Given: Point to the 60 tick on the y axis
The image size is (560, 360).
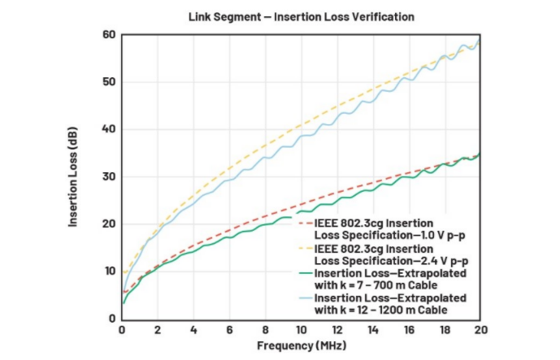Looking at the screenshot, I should tap(109, 35).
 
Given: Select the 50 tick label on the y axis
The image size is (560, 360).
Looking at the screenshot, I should tap(109, 82).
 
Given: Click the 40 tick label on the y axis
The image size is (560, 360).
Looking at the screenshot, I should tap(109, 129).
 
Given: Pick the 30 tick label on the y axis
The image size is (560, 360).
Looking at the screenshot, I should tap(109, 176).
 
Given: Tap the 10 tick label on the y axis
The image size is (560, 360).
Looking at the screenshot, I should tap(109, 271).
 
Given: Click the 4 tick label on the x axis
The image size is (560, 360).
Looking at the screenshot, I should tap(193, 331).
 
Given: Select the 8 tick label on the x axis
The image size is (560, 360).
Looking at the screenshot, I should tap(265, 331).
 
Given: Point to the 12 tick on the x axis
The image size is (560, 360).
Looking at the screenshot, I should tap(336, 331).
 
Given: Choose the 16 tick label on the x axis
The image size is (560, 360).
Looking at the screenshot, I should tap(408, 331).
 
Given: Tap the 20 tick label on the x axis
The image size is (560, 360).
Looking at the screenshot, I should tap(480, 331).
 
